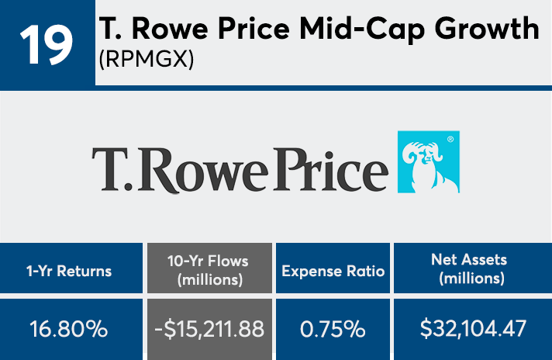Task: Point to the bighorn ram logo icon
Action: tap(428, 161)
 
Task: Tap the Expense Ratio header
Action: tap(333, 271)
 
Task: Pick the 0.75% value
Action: tap(333, 329)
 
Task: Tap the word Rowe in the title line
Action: tap(173, 29)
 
